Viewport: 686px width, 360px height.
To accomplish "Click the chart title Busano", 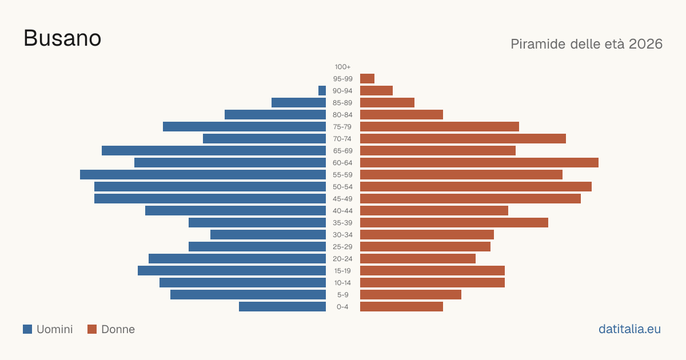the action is point(62,38).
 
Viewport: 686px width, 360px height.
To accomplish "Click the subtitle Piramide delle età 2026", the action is point(587,44).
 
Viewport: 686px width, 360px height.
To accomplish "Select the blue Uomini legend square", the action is point(27,329).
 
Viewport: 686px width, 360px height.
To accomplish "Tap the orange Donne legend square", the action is point(92,329).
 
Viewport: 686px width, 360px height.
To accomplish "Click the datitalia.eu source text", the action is point(629,329).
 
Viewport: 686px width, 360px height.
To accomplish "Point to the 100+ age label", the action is point(342,67).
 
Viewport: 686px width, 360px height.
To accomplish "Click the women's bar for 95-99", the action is point(367,79).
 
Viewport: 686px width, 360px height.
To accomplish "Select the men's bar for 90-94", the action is point(322,91).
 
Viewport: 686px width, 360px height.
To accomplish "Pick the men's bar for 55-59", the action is point(203,174).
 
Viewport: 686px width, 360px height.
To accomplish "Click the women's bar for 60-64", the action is point(479,162).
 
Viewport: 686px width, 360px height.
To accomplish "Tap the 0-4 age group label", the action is point(342,307).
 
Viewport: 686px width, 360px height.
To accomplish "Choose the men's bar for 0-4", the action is point(282,307).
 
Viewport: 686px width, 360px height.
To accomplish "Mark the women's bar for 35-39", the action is point(454,222).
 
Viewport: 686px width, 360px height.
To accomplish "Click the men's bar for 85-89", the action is point(298,102).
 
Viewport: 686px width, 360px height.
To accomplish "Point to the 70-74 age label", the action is point(342,139).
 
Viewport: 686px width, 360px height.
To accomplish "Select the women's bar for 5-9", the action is point(410,294).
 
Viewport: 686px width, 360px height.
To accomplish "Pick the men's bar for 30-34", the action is point(268,234).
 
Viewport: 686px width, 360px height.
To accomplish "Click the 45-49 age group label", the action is point(342,199).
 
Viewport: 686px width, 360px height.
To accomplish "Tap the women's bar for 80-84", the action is point(401,114).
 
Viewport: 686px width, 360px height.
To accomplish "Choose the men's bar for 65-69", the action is point(214,151).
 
